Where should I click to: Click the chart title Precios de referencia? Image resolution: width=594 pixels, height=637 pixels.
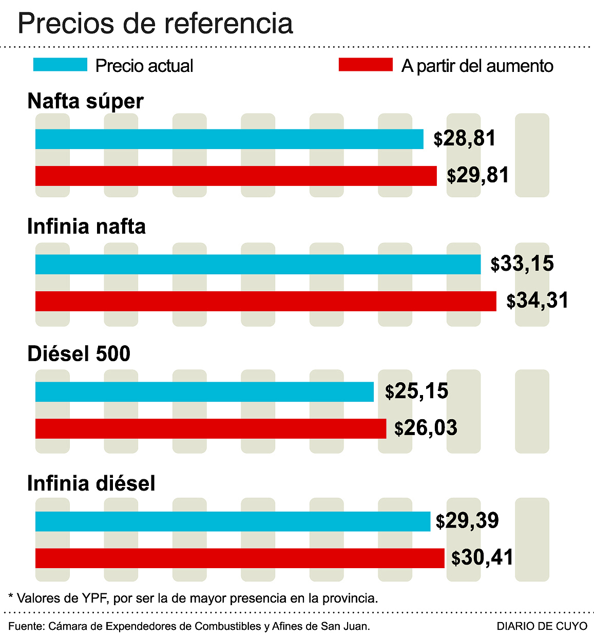point(155,23)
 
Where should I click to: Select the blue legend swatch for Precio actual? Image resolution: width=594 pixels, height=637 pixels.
point(60,65)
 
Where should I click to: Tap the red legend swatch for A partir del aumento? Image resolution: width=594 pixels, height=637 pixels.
point(366,65)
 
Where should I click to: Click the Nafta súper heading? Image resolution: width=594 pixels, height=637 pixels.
point(85,101)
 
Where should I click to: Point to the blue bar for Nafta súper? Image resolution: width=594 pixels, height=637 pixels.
point(229,139)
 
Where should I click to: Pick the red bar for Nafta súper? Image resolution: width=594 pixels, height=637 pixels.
point(236,176)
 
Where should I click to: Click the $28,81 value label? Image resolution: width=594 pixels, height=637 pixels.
point(465,139)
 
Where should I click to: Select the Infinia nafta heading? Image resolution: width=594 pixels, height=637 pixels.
point(86,227)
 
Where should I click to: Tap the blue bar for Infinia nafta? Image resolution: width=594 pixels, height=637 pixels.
point(258,264)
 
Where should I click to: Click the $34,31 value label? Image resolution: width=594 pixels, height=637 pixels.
point(538,301)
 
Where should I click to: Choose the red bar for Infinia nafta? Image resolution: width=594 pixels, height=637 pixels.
point(265,301)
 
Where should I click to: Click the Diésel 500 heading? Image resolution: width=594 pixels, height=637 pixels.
point(79,354)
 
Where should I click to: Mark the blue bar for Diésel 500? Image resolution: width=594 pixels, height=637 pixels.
point(204,391)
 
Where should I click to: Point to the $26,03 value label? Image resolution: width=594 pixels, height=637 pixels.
point(426,428)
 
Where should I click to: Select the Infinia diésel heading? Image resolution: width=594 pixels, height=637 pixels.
point(91,483)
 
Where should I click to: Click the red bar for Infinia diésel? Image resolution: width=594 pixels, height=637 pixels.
point(240,558)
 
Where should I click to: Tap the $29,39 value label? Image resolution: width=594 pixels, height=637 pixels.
point(467,521)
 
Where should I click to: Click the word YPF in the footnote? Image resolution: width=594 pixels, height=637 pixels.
point(94,598)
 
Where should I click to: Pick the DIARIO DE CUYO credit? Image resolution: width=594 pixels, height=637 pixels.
point(542,626)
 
